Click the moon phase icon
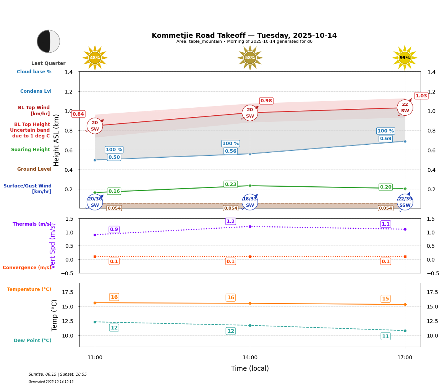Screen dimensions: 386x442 [x=49, y=41]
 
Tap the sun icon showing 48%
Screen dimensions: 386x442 [x=95, y=58]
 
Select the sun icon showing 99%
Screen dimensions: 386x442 [x=405, y=58]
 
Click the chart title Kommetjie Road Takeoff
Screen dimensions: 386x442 [x=244, y=36]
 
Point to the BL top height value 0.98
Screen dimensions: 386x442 [x=266, y=101]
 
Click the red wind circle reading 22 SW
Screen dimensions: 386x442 [x=405, y=108]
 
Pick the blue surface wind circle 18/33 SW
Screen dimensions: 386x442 [x=250, y=202]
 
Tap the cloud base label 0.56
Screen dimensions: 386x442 [x=231, y=151]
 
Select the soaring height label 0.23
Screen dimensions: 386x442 [x=231, y=184]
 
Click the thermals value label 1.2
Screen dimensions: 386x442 [x=231, y=221]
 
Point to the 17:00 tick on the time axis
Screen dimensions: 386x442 [x=405, y=358]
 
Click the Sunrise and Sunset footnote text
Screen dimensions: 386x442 [x=58, y=375]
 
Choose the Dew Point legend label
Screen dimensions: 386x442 [x=32, y=341]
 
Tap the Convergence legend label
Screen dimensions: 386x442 [x=27, y=268]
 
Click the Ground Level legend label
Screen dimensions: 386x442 [x=34, y=169]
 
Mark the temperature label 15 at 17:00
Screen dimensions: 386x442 [x=385, y=299]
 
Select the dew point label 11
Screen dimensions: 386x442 [x=385, y=336]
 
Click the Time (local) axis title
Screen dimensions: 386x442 [x=250, y=368]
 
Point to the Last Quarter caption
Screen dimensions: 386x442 [x=48, y=63]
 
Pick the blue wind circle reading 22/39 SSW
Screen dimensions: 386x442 [x=405, y=202]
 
